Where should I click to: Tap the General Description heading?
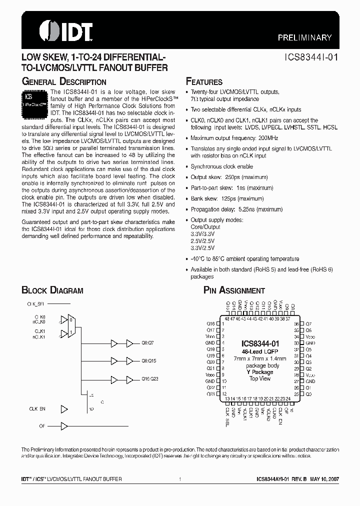[x=63, y=81]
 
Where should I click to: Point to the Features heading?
[x=204, y=81]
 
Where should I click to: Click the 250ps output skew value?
[x=230, y=177]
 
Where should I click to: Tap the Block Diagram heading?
[x=52, y=290]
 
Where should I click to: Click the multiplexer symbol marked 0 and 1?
[x=72, y=327]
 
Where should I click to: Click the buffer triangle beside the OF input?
[x=63, y=426]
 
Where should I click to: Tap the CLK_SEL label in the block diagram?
[x=35, y=303]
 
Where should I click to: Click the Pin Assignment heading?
[x=234, y=290]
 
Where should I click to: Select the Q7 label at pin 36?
[x=308, y=324]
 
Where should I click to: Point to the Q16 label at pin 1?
[x=210, y=324]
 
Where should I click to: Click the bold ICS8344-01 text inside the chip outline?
[x=260, y=343]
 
